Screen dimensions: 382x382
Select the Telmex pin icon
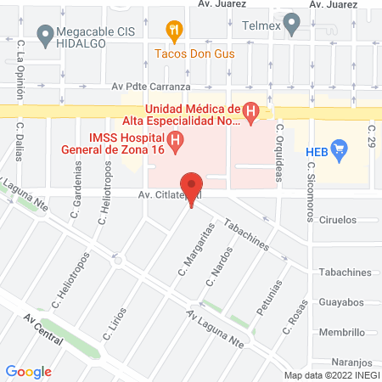pos(292,23)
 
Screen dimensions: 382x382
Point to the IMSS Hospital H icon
pos(175,141)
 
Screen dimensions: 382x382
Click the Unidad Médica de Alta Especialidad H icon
pos(250,110)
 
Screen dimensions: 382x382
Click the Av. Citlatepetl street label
pos(153,195)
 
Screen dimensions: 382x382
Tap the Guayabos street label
pos(348,301)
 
